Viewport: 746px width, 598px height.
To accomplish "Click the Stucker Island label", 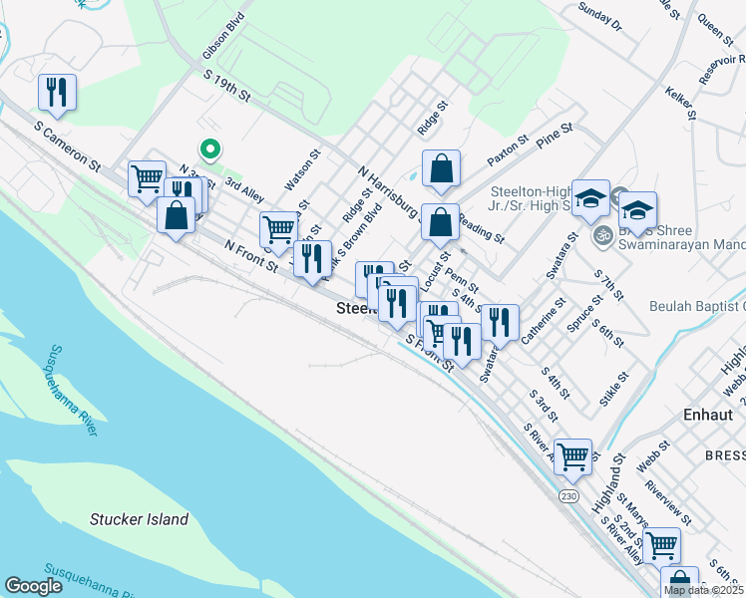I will pyautogui.click(x=139, y=519).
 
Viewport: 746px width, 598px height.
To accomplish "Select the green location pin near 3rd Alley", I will pyautogui.click(x=209, y=149).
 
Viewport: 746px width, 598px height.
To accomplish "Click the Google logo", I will pyautogui.click(x=33, y=586).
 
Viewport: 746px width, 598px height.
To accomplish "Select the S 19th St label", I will pyautogui.click(x=226, y=86).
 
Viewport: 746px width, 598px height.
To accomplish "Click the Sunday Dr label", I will pyautogui.click(x=599, y=16).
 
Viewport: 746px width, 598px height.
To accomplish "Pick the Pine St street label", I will pyautogui.click(x=555, y=136).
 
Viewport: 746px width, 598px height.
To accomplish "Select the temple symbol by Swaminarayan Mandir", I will pyautogui.click(x=602, y=236).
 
